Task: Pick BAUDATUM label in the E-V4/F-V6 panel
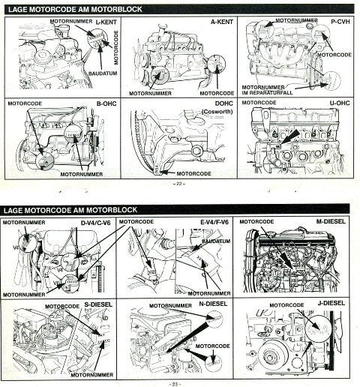pos(215,241)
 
